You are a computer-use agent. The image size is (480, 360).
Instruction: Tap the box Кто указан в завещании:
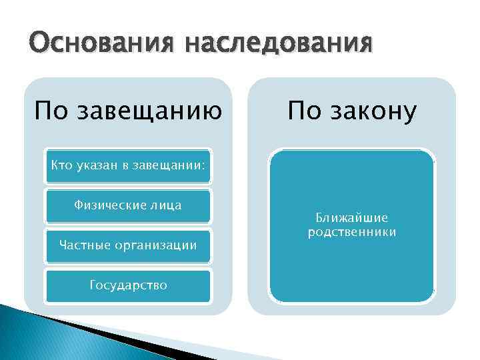click(127, 165)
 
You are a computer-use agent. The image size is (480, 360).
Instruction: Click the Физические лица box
click(127, 205)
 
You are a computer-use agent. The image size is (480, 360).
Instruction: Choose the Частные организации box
click(127, 245)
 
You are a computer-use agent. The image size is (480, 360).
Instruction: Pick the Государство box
click(127, 285)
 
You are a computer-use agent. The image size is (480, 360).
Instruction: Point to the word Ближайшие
click(352, 218)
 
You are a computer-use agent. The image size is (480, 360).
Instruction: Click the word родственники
click(352, 232)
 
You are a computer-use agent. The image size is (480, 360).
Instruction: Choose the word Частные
click(82, 245)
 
